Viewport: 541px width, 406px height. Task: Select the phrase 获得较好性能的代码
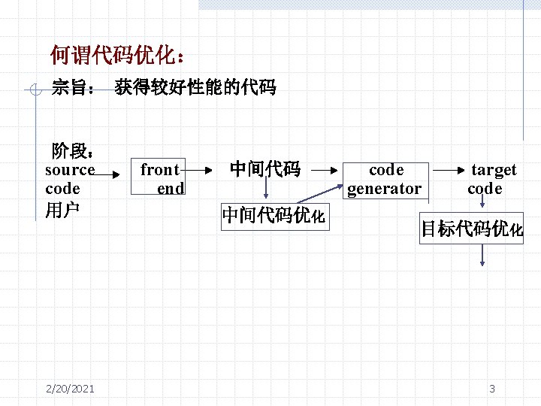coord(195,88)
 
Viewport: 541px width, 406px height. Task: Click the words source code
coord(69,179)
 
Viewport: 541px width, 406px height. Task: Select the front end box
coord(162,179)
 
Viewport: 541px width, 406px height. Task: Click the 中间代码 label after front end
coord(264,169)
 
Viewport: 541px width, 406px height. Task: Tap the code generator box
coord(385,179)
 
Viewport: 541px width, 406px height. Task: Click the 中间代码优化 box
coord(274,217)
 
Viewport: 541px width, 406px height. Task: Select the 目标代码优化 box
coord(471,229)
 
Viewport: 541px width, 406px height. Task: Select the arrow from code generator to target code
coord(449,170)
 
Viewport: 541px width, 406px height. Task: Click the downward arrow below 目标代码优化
coord(482,255)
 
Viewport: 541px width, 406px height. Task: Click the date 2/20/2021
coord(70,388)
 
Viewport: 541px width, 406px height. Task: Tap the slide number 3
coord(491,388)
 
